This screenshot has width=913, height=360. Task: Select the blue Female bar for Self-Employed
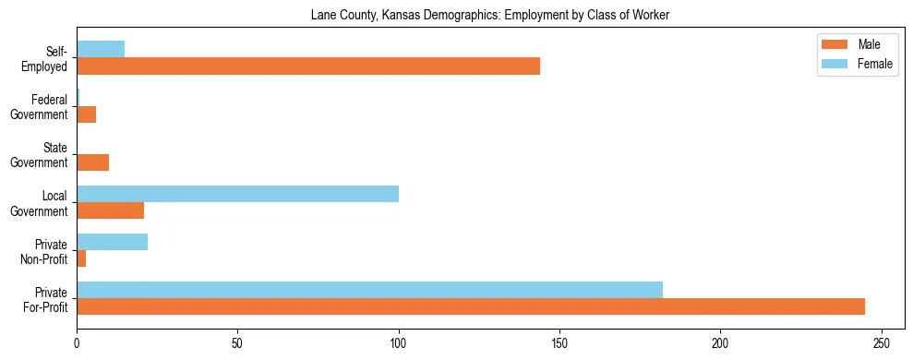pos(101,50)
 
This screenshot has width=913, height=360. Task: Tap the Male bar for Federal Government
pos(86,114)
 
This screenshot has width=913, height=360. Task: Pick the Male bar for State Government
pos(92,162)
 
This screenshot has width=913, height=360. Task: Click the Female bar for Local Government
pos(237,194)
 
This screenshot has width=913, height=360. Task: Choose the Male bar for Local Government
pos(110,210)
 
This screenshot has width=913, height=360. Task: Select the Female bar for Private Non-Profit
pos(112,242)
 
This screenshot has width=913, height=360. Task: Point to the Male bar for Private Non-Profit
pos(81,258)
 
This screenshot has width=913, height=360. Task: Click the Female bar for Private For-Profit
pos(369,290)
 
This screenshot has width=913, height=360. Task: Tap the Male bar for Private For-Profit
pos(471,306)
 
